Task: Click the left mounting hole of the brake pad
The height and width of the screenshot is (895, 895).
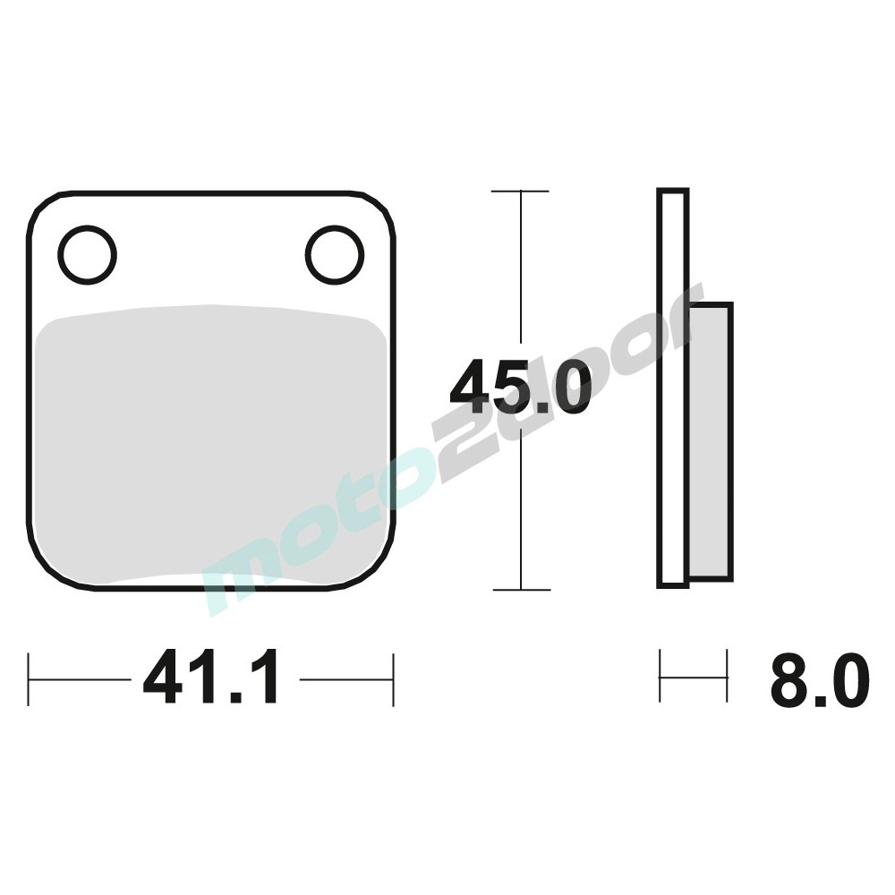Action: coord(88,253)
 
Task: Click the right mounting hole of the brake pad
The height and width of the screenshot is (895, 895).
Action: coord(335,254)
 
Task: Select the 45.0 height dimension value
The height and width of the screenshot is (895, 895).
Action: coord(520,388)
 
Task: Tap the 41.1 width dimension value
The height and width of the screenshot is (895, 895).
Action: coord(212,678)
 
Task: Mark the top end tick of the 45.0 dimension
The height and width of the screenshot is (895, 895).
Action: coord(520,192)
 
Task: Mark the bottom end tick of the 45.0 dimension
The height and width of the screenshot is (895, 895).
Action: coord(520,590)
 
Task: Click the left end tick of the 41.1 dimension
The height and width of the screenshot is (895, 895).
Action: coord(30,679)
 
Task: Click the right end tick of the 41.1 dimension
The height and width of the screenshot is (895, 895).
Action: coord(393,679)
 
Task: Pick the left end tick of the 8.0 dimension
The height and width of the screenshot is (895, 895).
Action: coord(661,677)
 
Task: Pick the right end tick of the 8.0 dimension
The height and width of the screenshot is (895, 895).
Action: coord(727,677)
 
